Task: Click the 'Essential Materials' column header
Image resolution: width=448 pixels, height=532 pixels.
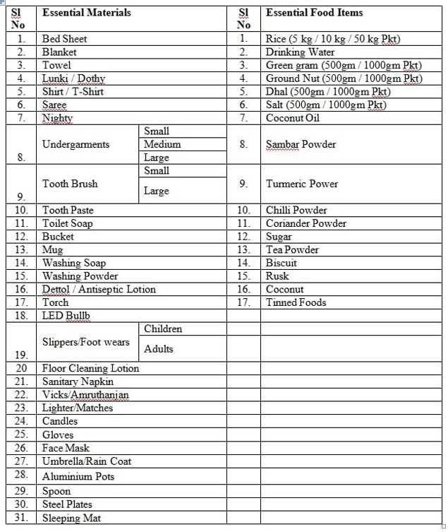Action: point(86,13)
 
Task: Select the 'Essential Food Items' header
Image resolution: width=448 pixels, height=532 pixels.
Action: point(314,13)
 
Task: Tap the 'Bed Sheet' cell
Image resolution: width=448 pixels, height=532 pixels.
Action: point(64,39)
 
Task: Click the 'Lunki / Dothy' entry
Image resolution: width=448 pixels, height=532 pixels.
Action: point(73,78)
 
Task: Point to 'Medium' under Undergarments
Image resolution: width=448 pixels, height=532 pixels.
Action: point(162,144)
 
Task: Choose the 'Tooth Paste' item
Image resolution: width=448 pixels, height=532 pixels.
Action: point(68,210)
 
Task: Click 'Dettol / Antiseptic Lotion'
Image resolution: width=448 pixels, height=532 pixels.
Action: point(99,289)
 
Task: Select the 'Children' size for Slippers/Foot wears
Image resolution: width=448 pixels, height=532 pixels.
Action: point(163,329)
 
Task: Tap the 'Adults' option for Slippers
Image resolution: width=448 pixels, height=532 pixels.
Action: point(159,348)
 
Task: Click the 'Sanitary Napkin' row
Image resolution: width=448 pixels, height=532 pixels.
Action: point(78,382)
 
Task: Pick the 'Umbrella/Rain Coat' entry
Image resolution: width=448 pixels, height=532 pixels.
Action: point(87,461)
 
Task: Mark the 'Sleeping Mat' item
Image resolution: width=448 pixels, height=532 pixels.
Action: point(71,518)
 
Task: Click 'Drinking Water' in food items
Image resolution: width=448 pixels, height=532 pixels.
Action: point(300,52)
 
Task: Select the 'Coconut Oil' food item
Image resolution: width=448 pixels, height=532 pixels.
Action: point(292,118)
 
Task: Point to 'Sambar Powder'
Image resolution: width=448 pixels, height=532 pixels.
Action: point(301,144)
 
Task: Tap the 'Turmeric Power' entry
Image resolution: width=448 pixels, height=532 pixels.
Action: point(302,184)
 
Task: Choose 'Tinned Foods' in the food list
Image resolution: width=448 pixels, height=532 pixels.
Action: point(296,302)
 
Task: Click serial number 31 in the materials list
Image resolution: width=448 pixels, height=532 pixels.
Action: point(22,518)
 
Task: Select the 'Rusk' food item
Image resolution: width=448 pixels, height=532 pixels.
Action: point(277,276)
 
